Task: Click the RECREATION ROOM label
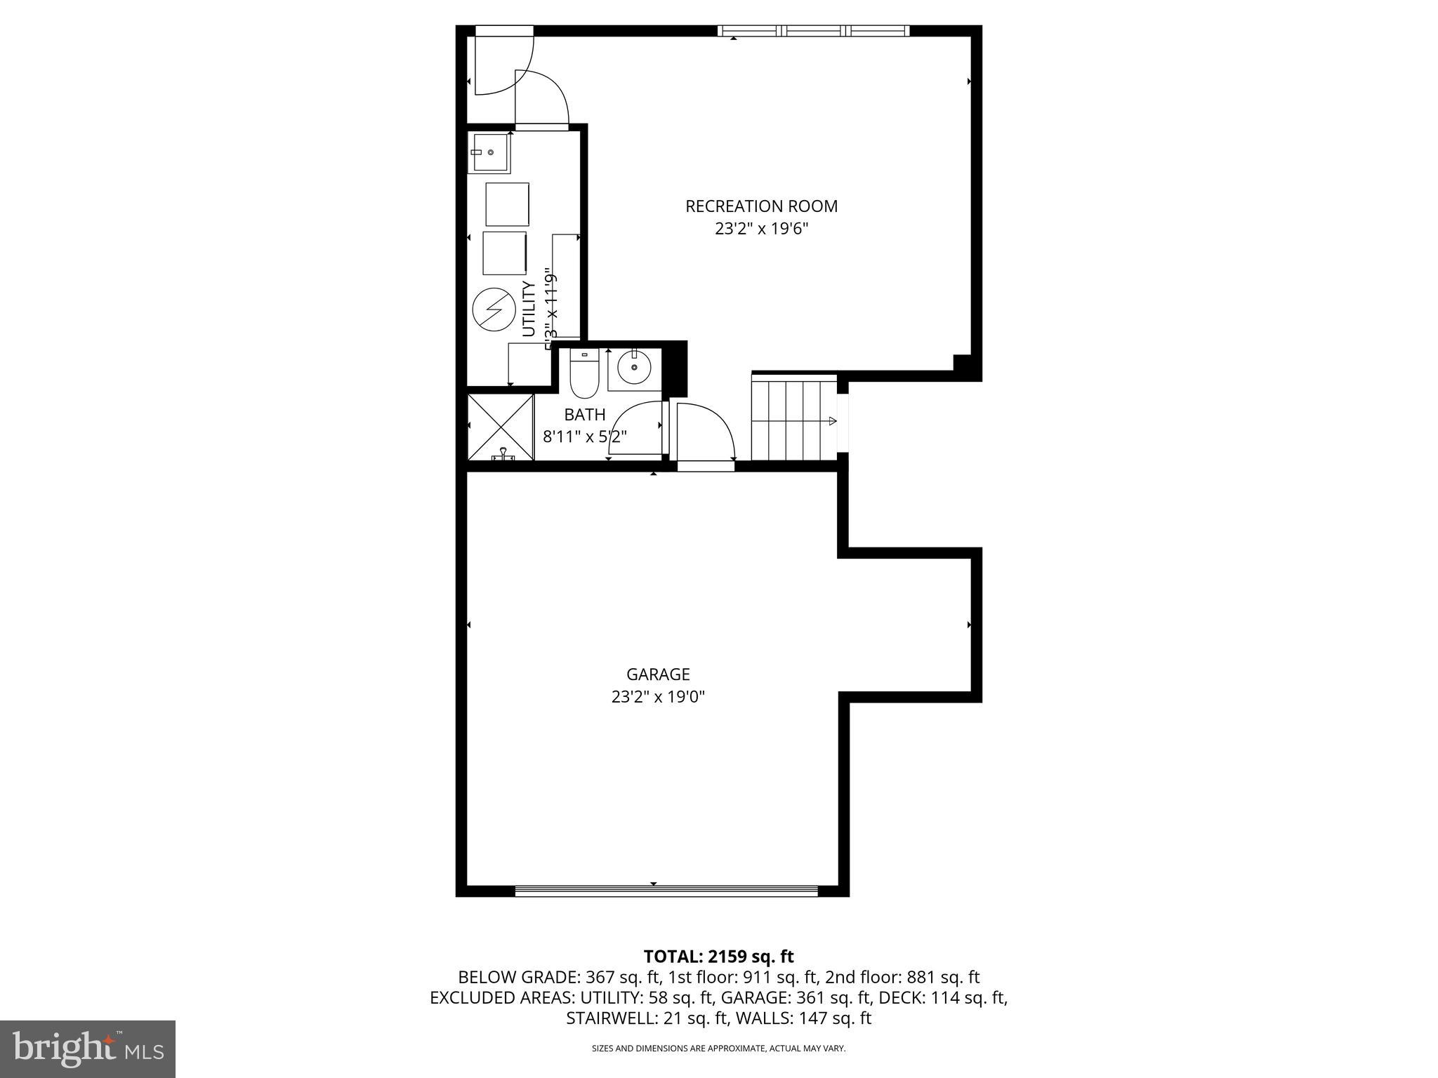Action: tap(761, 206)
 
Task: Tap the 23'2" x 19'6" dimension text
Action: tap(761, 229)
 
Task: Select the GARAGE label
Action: tap(658, 674)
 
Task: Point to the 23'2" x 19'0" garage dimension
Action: tap(658, 697)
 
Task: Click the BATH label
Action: tap(584, 415)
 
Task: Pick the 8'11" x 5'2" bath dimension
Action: tap(584, 437)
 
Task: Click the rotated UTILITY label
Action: tap(529, 309)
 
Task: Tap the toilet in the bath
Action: tap(583, 375)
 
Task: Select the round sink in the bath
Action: tap(634, 367)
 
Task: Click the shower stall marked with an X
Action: tap(501, 426)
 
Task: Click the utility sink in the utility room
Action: tap(489, 152)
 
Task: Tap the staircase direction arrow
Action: tap(833, 421)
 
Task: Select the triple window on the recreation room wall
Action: tap(813, 31)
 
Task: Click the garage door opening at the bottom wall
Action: tap(666, 891)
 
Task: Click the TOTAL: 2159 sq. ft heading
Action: tap(718, 957)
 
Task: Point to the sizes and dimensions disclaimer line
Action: tap(718, 1049)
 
